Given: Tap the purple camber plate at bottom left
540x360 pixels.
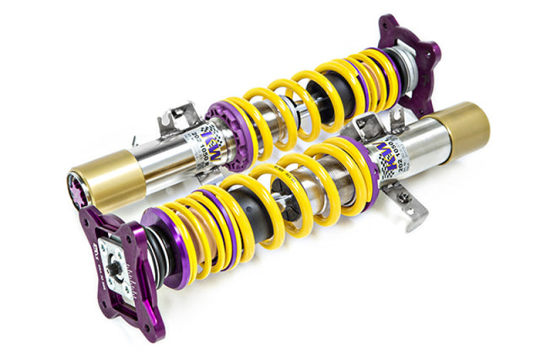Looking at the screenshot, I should tap(118, 253).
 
